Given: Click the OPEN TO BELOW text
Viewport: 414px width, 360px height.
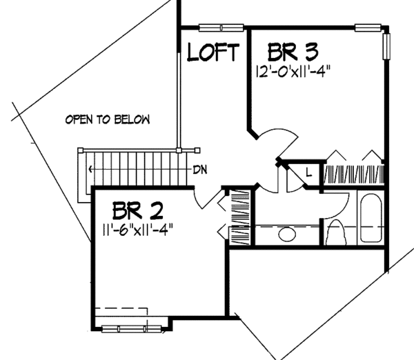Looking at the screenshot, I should tap(107, 119).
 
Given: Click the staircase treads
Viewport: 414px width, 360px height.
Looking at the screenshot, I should tap(135, 168).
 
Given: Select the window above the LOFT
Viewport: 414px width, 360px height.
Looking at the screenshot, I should tap(213, 28).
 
